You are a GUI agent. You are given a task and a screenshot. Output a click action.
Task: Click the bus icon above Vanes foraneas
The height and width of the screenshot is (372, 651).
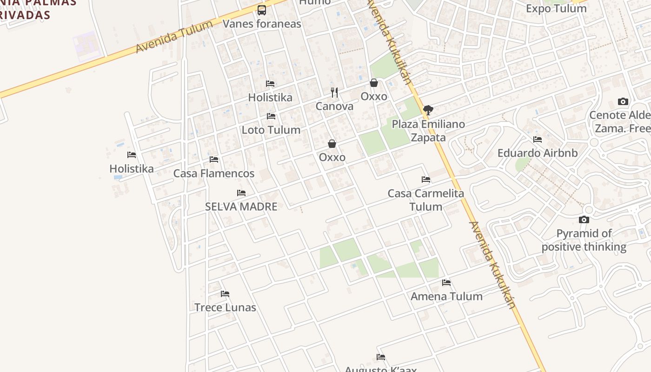pos(262,10)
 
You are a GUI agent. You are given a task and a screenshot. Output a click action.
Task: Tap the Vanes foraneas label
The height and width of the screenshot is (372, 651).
pos(262,24)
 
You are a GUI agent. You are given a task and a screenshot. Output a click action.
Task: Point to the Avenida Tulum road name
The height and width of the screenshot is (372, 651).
pos(174,37)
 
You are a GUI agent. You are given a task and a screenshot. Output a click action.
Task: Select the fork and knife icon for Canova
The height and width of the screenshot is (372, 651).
pos(334,92)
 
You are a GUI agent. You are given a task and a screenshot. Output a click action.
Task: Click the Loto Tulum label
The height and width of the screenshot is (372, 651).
pos(271,130)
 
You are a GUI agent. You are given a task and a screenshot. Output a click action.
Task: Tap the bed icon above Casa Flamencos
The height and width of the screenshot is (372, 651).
pos(214,159)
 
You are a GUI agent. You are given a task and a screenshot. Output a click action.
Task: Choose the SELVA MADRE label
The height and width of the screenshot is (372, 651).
pos(241,206)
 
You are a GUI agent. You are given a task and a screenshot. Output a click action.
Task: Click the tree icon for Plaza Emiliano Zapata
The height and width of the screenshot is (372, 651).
pos(428,110)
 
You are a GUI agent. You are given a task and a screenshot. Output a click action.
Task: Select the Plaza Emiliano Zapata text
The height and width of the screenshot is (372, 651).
pos(428,131)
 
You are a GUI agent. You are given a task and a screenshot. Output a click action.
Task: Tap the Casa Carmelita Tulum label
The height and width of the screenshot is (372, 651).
pos(426,200)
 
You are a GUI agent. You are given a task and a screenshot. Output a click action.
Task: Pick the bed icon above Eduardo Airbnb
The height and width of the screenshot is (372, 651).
pos(538,139)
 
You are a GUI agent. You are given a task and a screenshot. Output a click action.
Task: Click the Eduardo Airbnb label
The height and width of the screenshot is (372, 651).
pos(538,153)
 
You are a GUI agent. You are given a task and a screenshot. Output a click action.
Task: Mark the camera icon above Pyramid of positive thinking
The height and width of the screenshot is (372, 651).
pos(584,220)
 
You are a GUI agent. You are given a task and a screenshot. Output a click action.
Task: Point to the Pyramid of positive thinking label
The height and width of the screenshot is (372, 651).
pos(584,240)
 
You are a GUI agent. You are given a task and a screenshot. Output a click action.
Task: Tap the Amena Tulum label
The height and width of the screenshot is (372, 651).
pos(446,296)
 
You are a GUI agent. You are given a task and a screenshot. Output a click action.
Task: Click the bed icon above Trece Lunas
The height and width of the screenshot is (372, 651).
pos(225,294)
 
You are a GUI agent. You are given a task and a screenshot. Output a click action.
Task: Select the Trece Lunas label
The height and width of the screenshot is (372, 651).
pos(225,307)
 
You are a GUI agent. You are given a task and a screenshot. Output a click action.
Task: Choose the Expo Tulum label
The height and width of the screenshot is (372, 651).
pos(556,8)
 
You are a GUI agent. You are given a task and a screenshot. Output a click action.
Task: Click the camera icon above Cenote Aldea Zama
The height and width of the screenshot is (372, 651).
pos(623,102)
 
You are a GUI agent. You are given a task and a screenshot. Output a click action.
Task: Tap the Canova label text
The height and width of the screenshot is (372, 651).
pos(334,106)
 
